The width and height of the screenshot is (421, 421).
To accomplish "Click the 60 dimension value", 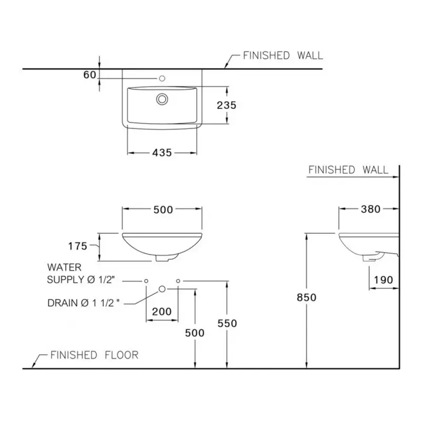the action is point(89,75).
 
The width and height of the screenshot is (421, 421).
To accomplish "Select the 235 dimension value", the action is point(227,105).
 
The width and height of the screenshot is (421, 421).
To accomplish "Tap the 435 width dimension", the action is point(162,153).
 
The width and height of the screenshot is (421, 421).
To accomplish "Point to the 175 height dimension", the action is point(77,246).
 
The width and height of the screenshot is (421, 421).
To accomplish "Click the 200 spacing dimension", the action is point(162,312).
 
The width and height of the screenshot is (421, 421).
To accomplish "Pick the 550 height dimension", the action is point(227,323).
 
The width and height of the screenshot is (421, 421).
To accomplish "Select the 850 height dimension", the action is point(306,297).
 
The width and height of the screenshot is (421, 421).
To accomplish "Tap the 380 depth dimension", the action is point(370,209).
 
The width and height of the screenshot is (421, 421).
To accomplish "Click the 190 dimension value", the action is point(384,280).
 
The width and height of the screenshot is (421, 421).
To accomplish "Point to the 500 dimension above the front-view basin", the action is point(163,209).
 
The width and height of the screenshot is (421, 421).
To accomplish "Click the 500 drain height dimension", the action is point(195,333).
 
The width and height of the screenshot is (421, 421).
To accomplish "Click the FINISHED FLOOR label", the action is point(94,355).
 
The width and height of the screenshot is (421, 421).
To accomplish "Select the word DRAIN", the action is point(63,303).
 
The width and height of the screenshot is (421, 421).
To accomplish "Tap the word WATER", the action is point(64,267).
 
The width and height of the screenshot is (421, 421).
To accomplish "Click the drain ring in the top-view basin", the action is point(162,99).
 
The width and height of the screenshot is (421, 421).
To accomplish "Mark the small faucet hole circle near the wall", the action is point(162,78).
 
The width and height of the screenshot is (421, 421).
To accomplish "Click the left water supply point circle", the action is point(146,281).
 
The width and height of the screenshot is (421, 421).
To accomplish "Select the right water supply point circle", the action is point(178,281).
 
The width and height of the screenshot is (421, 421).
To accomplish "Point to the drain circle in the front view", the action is point(162,289).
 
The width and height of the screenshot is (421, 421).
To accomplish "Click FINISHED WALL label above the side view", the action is point(348,169).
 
